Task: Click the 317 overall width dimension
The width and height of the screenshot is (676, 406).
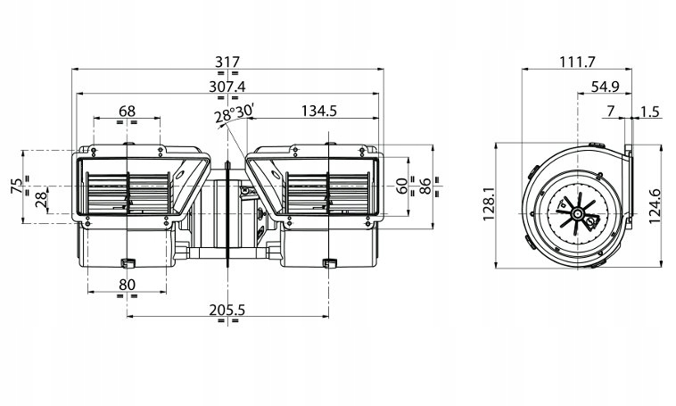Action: (x=227, y=62)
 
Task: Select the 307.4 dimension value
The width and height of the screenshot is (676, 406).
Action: (x=227, y=87)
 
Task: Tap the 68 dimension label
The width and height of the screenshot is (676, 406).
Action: (x=128, y=112)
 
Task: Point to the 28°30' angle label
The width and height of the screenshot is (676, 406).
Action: (x=234, y=114)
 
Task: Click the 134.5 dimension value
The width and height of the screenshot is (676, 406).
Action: (x=318, y=112)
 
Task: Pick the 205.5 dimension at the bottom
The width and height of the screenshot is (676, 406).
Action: (x=227, y=310)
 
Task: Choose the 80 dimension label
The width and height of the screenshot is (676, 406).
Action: (x=128, y=285)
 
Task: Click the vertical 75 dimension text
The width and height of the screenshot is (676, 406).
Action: (x=17, y=186)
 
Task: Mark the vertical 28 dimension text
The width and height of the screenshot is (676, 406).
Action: (x=41, y=199)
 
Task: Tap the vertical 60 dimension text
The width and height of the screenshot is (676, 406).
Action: (x=401, y=186)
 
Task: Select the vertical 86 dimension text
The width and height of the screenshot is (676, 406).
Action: (x=425, y=186)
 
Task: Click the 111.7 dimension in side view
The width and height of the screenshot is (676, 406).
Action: (x=577, y=62)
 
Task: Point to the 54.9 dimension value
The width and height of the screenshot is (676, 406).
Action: (x=605, y=87)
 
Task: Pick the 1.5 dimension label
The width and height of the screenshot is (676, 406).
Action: (x=650, y=112)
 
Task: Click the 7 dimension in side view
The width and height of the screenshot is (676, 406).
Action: (x=611, y=112)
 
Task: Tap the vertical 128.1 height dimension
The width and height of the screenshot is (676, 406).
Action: (x=489, y=206)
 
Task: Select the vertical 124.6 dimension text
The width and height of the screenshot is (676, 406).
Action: (x=655, y=206)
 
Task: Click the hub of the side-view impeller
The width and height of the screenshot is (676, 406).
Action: (x=576, y=212)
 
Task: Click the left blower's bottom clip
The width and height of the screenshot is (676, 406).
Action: (x=128, y=262)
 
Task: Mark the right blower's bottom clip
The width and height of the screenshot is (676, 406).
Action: (x=330, y=262)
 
